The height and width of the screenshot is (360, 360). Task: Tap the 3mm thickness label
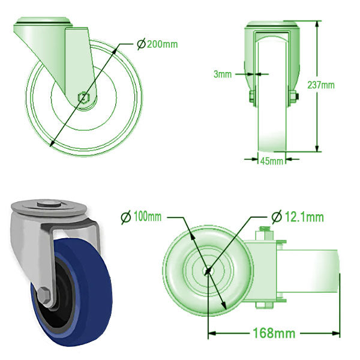(x=222, y=74)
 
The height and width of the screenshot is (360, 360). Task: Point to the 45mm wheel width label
(x=271, y=161)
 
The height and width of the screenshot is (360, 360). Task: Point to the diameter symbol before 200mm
(x=141, y=44)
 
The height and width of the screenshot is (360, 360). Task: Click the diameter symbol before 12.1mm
(x=277, y=217)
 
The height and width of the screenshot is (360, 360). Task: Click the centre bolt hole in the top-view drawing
(x=208, y=271)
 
